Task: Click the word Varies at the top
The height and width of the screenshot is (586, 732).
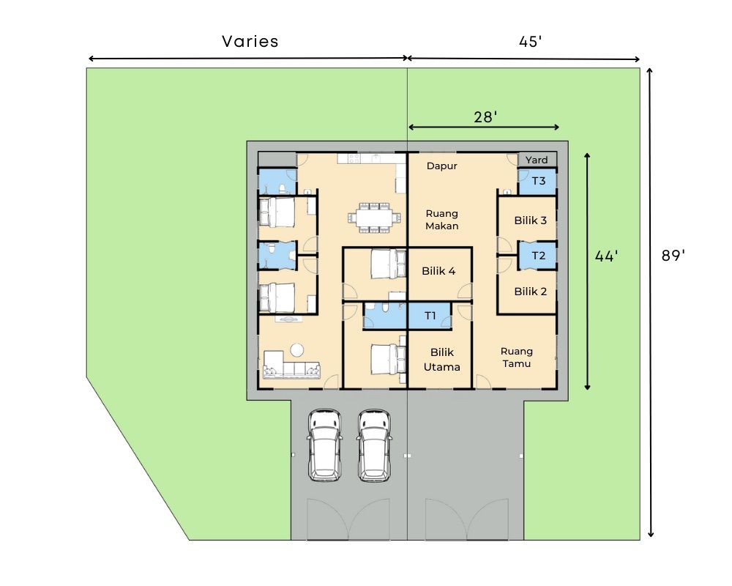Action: pos(250,42)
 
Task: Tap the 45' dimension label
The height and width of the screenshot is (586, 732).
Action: pos(530,42)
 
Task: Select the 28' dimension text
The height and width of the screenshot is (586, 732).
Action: pos(485,116)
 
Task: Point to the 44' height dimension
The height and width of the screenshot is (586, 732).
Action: pos(606,256)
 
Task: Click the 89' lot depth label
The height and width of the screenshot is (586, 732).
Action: pos(673,255)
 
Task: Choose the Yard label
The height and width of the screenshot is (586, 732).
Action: pos(537,160)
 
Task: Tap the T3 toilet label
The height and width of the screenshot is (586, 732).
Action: pos(539,181)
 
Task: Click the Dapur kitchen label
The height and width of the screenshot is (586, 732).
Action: pos(441,166)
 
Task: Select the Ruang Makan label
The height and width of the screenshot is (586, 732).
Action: pos(441,220)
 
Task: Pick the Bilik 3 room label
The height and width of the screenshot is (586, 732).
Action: pos(530,220)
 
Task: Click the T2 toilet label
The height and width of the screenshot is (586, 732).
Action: pos(539,256)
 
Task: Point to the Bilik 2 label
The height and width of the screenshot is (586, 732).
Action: pos(530,292)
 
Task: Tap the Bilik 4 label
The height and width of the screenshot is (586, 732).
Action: pos(438,271)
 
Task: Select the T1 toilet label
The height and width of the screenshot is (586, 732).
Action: pos(430,316)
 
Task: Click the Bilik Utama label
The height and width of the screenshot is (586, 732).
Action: pos(441,360)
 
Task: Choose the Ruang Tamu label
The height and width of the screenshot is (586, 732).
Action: pos(516,357)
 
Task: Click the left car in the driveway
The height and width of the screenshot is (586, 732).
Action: pos(325,446)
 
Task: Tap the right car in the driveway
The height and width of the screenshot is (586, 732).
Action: pos(374,446)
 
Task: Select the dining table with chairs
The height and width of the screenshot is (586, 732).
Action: pos(374,218)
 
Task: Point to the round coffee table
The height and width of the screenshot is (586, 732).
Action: pos(297,349)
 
